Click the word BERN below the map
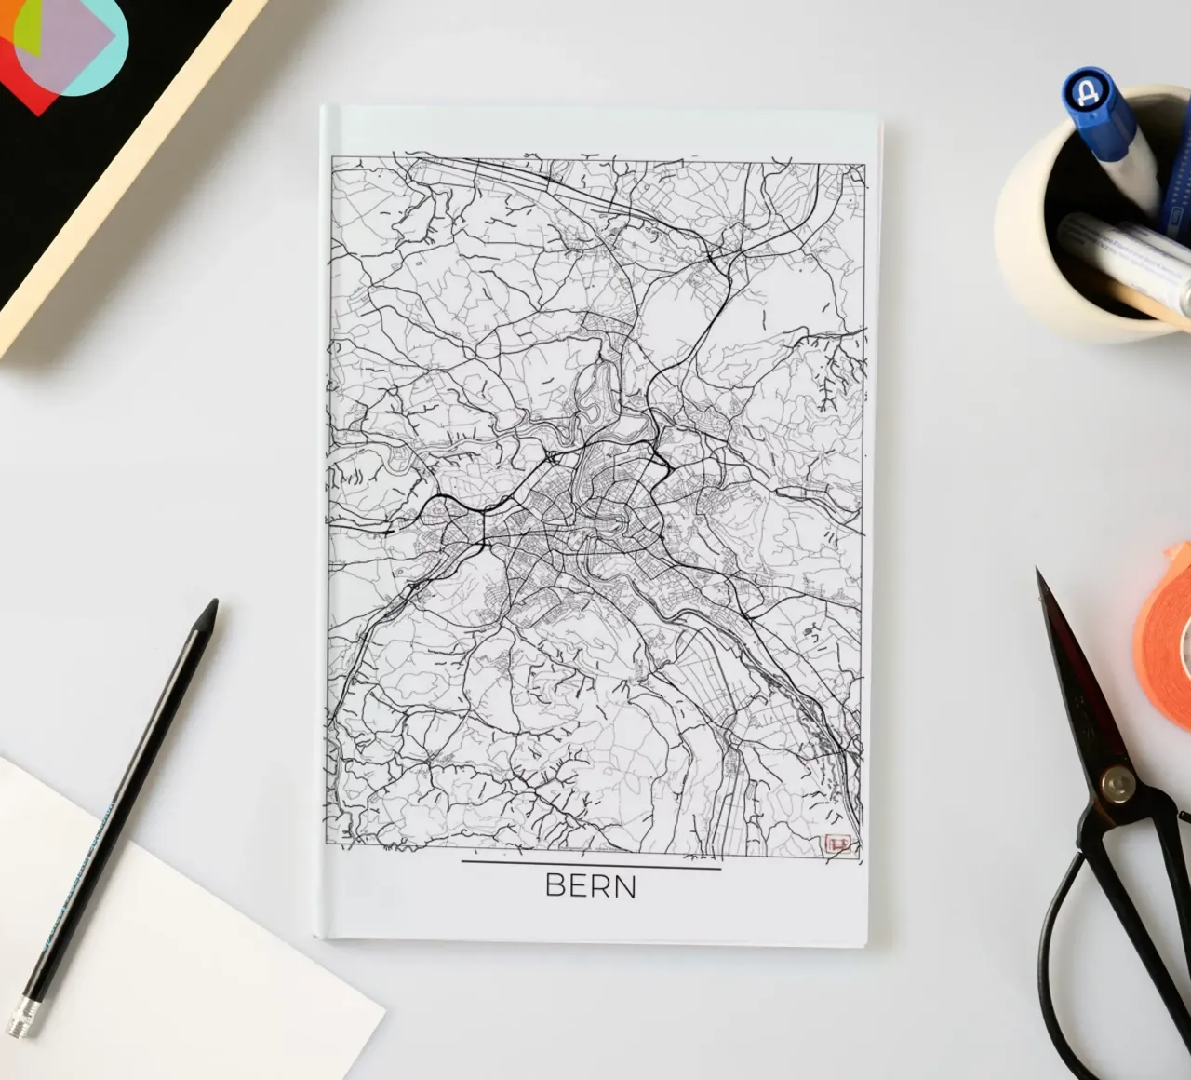tap(591, 885)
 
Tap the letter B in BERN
tap(555, 885)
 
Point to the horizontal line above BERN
tap(591, 868)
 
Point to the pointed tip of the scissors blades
tap(1039, 574)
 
